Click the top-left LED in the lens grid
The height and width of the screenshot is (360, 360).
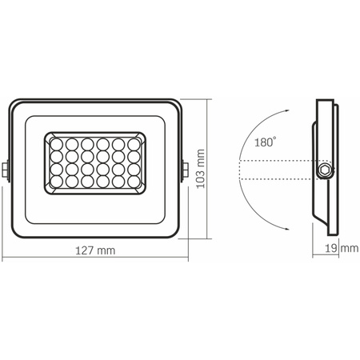point(58,144)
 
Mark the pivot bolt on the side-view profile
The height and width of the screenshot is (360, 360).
point(324,171)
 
